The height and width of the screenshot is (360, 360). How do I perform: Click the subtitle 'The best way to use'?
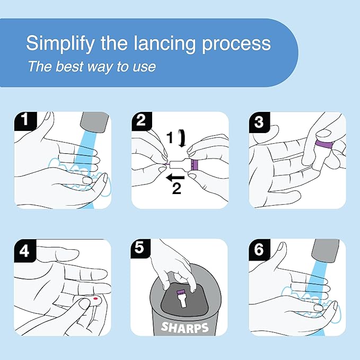[91, 67]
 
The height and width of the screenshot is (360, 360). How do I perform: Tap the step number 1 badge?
[23, 121]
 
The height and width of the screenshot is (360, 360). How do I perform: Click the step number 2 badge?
[141, 121]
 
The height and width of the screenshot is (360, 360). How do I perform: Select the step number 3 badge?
[258, 121]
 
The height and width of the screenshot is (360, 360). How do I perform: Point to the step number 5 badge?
[141, 249]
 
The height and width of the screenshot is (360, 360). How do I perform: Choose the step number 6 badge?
[258, 249]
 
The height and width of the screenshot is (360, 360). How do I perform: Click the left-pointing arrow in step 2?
[170, 179]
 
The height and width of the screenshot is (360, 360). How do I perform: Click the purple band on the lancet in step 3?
[324, 144]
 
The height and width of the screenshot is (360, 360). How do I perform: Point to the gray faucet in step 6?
[326, 250]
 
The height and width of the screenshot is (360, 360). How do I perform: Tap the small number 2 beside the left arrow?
[177, 189]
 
